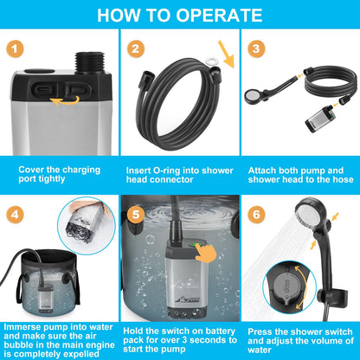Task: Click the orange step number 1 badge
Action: [15, 48]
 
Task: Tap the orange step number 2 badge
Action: [136, 48]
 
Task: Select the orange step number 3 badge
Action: [256, 48]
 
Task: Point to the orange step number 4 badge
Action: [15, 215]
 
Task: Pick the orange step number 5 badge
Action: [136, 215]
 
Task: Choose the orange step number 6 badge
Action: [256, 215]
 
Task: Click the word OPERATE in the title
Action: [219, 15]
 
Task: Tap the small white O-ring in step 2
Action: [211, 61]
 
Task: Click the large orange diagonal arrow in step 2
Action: [226, 55]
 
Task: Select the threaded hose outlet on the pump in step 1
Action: [90, 62]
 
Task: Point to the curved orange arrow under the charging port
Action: [65, 100]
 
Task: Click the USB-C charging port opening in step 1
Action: [43, 89]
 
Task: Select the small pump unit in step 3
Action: [318, 119]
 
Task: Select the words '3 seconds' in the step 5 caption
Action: [204, 340]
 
